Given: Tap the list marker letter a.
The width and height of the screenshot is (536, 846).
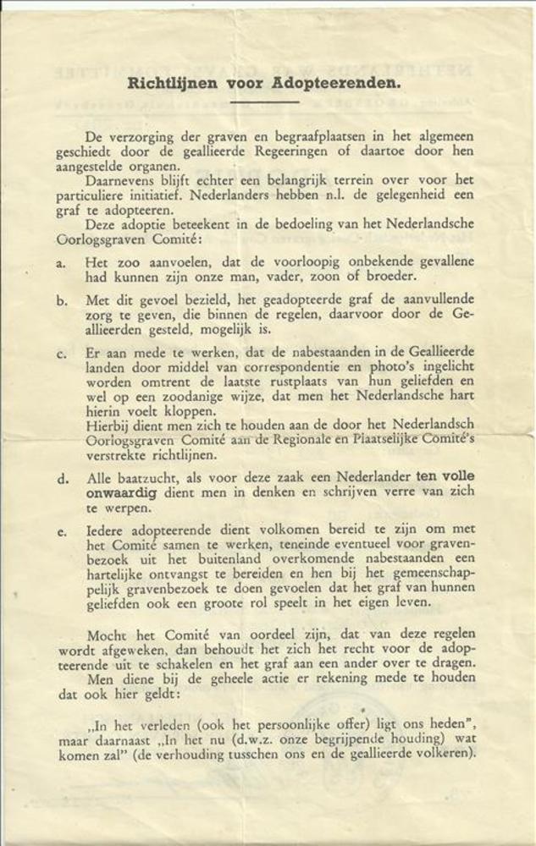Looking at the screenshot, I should click(61, 263).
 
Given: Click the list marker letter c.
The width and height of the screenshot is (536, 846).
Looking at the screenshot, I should click(61, 354).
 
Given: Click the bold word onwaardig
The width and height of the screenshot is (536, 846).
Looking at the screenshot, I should click(120, 492).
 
